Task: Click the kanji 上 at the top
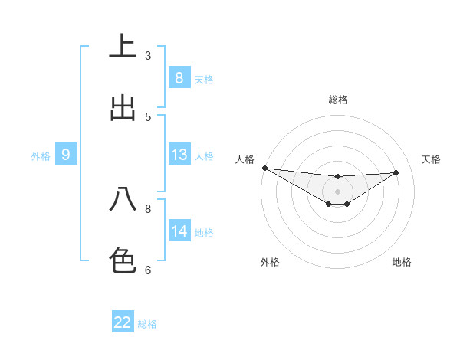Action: [123, 47]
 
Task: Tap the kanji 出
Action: [123, 108]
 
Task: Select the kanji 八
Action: [123, 200]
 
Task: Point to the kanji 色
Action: [123, 260]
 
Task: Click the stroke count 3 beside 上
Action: [147, 56]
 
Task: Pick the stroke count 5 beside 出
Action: [147, 116]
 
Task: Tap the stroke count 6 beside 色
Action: [147, 270]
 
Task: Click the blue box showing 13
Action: [179, 155]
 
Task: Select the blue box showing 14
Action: [179, 231]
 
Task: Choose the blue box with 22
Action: [123, 322]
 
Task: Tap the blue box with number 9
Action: [66, 155]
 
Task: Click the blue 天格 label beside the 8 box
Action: [204, 79]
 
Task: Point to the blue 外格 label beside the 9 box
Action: [41, 155]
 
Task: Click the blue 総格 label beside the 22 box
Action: [147, 324]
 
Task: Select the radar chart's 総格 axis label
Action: [338, 100]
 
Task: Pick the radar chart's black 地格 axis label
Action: [402, 262]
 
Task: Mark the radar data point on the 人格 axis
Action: [264, 168]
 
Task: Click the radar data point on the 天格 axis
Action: [396, 172]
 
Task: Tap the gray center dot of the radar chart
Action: [338, 191]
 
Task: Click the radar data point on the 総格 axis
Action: [338, 177]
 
